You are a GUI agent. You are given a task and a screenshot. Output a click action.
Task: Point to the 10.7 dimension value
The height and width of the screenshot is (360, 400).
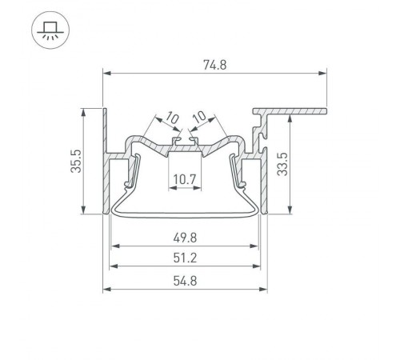pos(186,178)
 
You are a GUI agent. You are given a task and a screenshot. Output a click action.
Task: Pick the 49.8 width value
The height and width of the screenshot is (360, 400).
pos(186,237)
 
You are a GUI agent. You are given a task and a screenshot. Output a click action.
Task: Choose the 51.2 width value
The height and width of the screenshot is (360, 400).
pos(186,258)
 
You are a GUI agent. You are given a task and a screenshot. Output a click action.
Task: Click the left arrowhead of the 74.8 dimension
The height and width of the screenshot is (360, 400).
pos(106,74)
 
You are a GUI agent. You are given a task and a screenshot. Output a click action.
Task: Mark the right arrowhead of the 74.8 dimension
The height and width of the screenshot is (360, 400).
pos(325,74)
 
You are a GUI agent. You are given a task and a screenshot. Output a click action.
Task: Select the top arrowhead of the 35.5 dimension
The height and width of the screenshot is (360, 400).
pos(85,110)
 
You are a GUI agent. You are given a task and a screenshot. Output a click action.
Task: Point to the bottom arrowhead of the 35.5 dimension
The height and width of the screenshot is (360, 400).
pos(85,211)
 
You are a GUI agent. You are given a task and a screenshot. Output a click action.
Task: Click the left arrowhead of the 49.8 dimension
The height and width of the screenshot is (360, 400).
pos(114,246)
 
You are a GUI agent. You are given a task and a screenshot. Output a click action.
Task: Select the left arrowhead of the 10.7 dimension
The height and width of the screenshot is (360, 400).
pos(170,189)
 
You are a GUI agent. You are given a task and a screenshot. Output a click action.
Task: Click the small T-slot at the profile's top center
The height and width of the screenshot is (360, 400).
pos(185,142)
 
